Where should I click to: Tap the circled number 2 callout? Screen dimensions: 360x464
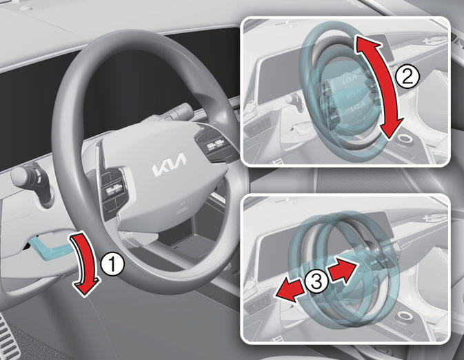pos(407,76)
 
